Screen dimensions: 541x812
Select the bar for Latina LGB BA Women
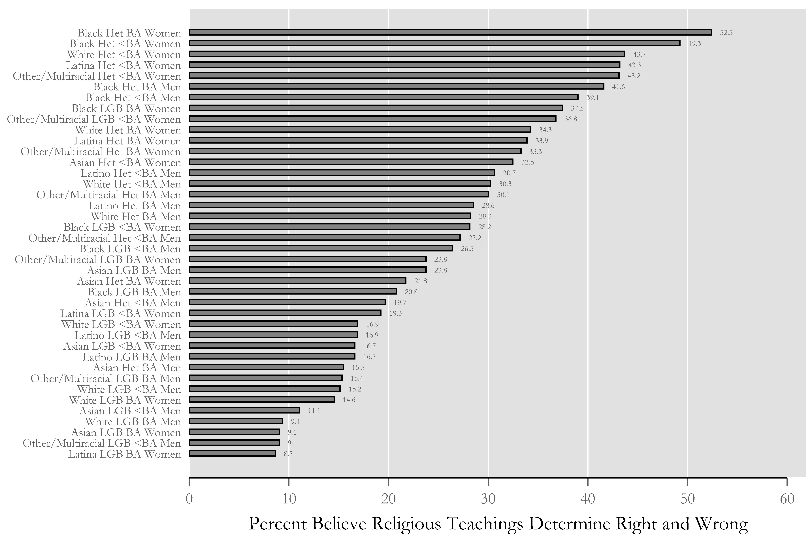point(233,453)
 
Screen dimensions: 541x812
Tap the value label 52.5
point(726,33)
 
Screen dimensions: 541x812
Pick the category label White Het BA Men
point(136,216)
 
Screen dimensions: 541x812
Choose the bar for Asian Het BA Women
point(298,280)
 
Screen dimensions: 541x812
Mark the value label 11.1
point(314,411)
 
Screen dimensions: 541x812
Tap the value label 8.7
point(288,454)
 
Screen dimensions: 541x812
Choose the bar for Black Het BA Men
point(397,86)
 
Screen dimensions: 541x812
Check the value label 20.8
point(411,292)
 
